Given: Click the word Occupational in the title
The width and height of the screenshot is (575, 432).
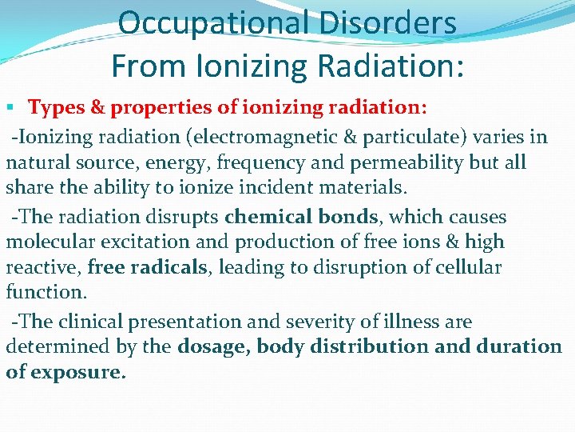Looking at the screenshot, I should coord(211,23).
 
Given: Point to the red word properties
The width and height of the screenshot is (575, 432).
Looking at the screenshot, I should coord(148,107).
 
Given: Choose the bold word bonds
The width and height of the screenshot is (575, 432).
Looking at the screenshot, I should coord(348,216).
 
